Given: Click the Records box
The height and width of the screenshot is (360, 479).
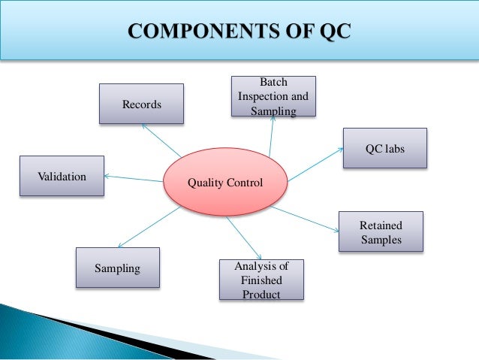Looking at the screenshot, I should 141,104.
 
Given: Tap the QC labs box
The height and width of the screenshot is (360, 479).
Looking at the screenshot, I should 384,148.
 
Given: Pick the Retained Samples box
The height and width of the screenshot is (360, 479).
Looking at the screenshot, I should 381,231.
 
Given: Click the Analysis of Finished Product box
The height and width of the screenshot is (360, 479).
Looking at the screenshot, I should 261,280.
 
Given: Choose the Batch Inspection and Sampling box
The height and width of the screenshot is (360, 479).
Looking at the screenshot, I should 273,96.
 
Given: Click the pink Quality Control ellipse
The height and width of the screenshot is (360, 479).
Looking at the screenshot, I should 225,182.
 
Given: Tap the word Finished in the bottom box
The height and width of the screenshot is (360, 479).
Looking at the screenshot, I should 261,280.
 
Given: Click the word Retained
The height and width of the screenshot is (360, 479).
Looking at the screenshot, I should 381,225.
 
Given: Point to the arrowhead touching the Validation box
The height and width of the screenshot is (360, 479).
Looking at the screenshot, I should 106,177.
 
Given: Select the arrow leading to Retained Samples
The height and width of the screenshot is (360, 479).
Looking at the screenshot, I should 308,219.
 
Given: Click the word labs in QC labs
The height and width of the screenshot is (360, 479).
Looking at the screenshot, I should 394,148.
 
